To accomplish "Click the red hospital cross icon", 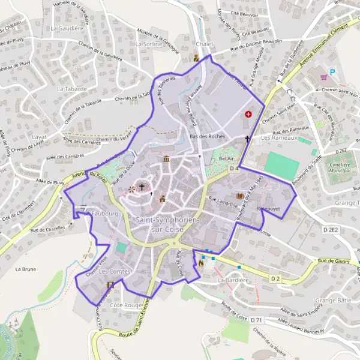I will [248, 114].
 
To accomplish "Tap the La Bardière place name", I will [233, 280].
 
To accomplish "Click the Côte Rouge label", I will [125, 305].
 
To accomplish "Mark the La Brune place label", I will [26, 269].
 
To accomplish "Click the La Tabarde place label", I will [72, 89].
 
